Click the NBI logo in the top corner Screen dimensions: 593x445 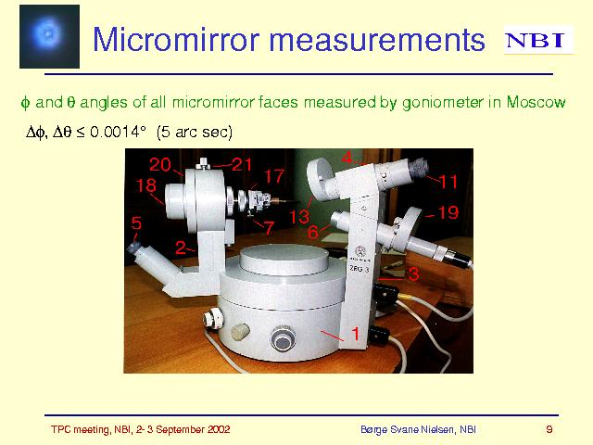pos(538,40)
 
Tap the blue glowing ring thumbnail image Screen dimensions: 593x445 pos(49,37)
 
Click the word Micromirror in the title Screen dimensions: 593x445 pos(176,39)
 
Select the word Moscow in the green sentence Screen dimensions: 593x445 pos(536,102)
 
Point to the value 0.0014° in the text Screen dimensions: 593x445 pos(118,132)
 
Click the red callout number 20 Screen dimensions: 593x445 pos(160,165)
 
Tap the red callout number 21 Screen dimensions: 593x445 pos(242,165)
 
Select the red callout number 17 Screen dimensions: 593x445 pos(274,176)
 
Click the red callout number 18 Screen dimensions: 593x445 pos(146,185)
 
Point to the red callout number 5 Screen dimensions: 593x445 pos(136,223)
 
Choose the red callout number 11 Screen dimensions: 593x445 pos(448,182)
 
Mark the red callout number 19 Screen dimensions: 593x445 pos(448,212)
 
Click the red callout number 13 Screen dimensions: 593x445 pos(299,217)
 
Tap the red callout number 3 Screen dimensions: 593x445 pos(414,274)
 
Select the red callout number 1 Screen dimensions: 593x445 pos(355,334)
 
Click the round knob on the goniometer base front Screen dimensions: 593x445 pos(283,337)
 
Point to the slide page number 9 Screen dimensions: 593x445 pos(549,429)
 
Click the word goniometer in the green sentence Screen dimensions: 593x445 pos(443,103)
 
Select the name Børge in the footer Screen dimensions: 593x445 pos(374,430)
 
